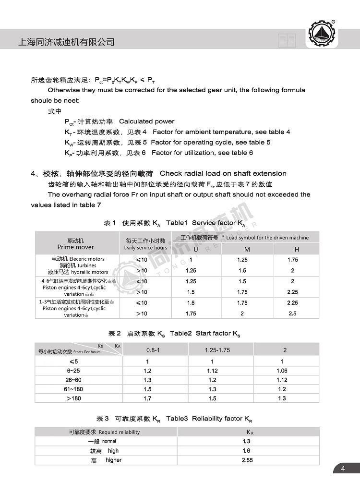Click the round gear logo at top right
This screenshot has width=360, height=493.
[323, 34]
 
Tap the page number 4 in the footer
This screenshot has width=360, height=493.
[343, 469]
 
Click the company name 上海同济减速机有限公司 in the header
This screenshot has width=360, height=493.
[66, 42]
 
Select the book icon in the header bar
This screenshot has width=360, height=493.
[287, 41]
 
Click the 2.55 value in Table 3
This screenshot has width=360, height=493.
[247, 460]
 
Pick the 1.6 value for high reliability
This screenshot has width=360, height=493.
[247, 451]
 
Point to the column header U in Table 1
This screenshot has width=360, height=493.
[195, 249]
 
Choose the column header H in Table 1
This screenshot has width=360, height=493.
[297, 249]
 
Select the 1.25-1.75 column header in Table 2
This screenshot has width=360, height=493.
[217, 350]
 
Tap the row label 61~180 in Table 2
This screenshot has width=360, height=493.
[73, 389]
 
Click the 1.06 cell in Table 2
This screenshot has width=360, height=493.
[282, 371]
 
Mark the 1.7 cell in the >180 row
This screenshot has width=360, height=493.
[147, 398]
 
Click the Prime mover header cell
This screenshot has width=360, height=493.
[76, 244]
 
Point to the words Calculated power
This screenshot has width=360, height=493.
[147, 121]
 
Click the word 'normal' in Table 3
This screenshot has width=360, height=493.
[109, 441]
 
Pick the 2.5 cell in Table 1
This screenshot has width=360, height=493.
[292, 313]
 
